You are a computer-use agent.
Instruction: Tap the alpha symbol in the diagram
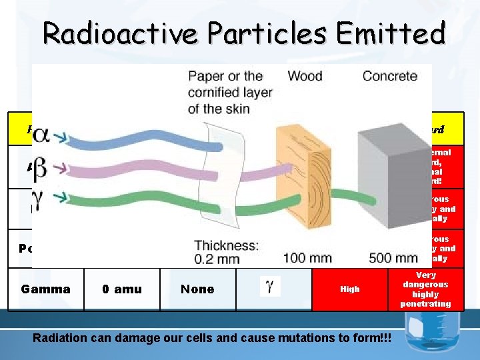(x=41, y=135)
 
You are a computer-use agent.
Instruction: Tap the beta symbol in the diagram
(x=41, y=167)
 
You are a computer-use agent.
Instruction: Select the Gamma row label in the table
(x=45, y=289)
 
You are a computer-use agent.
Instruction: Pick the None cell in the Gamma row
(x=197, y=289)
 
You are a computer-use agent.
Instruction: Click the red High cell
(x=350, y=289)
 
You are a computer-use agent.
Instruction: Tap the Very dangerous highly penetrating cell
(x=425, y=289)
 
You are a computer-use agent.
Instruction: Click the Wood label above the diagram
(x=305, y=76)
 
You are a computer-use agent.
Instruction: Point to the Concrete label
(x=390, y=76)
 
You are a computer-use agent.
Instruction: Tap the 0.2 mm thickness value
(x=218, y=258)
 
